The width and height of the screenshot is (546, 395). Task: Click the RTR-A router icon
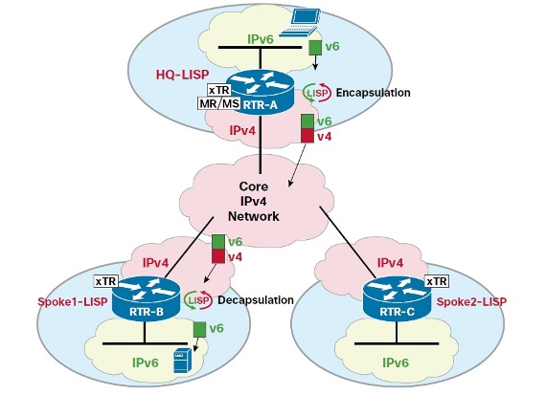261,91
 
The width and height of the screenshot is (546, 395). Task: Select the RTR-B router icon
147,298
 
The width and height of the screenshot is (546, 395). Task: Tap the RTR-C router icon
398,298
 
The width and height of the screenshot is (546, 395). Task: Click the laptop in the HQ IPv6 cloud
300,23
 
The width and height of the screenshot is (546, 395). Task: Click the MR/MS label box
219,103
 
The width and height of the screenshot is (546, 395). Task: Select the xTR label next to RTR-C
437,281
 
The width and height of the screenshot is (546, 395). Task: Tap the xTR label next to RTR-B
106,281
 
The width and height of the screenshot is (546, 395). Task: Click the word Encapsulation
373,93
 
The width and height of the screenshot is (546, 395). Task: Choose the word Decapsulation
256,300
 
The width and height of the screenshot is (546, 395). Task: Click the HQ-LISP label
182,75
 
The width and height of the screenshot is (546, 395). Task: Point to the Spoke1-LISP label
73,301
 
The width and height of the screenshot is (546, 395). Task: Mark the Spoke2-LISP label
471,301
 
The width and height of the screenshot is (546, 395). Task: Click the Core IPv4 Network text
254,201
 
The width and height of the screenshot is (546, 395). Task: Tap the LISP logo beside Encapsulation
316,93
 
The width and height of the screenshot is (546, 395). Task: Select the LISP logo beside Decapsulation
198,299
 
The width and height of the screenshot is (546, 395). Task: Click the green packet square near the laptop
315,47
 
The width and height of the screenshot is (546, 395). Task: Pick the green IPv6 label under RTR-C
396,362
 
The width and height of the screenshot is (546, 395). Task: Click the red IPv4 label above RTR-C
390,262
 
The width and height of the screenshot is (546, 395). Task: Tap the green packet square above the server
199,329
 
